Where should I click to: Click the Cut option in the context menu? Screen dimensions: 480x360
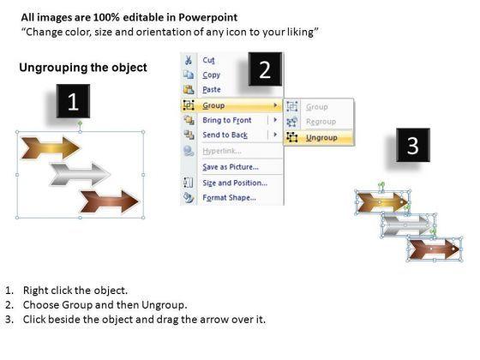coord(208,60)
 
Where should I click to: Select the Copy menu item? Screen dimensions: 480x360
coord(211,75)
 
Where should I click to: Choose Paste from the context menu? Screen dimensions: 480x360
coord(212,90)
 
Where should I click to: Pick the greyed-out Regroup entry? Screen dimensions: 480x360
coord(321,122)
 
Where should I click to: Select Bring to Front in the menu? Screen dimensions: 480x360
coord(227,120)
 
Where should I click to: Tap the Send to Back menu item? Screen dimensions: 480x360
coord(225,135)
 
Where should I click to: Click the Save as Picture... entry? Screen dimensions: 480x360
coord(231,167)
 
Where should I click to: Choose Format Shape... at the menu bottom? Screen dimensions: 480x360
coord(230,198)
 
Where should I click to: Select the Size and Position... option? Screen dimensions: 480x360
coord(235,183)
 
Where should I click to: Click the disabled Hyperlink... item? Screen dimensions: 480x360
coord(222,151)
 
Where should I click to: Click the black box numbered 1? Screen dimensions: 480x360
coord(73,101)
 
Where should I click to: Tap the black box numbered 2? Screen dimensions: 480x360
coord(265,69)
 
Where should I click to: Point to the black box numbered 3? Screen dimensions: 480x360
coord(413,145)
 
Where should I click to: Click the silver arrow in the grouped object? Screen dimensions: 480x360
coord(81,175)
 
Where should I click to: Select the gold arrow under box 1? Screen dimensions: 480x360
coord(51,147)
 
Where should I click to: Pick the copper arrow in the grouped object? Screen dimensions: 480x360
coord(110,201)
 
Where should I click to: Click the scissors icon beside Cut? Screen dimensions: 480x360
coord(189,60)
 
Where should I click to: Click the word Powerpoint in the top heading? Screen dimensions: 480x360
coord(207,17)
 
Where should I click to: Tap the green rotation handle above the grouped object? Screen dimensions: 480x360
coord(80,123)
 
